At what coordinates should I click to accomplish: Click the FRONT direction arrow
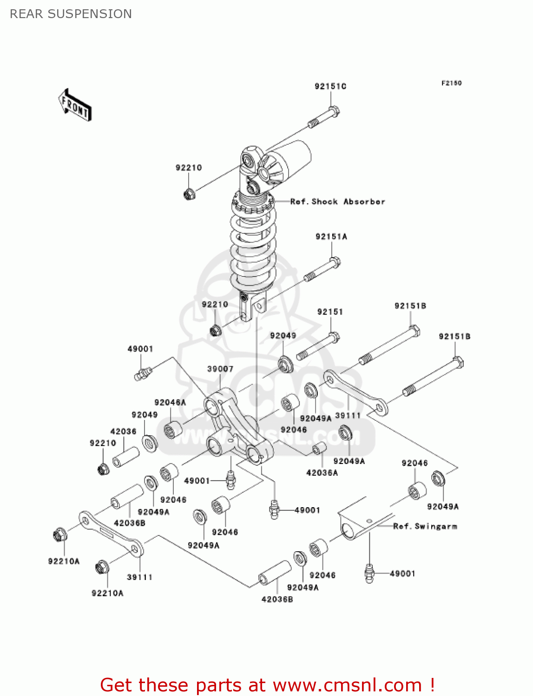74,105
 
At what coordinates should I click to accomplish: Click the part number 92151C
330,86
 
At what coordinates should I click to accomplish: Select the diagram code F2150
451,83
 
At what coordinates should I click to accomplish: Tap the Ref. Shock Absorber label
337,202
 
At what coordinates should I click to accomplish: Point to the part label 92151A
331,237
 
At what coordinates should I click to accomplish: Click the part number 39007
220,369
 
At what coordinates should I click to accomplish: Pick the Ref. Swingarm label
425,526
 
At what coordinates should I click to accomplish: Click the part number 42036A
322,473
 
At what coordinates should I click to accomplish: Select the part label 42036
123,432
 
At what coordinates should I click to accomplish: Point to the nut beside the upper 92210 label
189,193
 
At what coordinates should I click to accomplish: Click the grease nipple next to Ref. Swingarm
369,574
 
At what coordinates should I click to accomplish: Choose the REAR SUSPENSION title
71,14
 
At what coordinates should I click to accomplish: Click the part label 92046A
170,403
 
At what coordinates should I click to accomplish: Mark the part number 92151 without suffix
330,312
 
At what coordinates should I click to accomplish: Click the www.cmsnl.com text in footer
347,685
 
